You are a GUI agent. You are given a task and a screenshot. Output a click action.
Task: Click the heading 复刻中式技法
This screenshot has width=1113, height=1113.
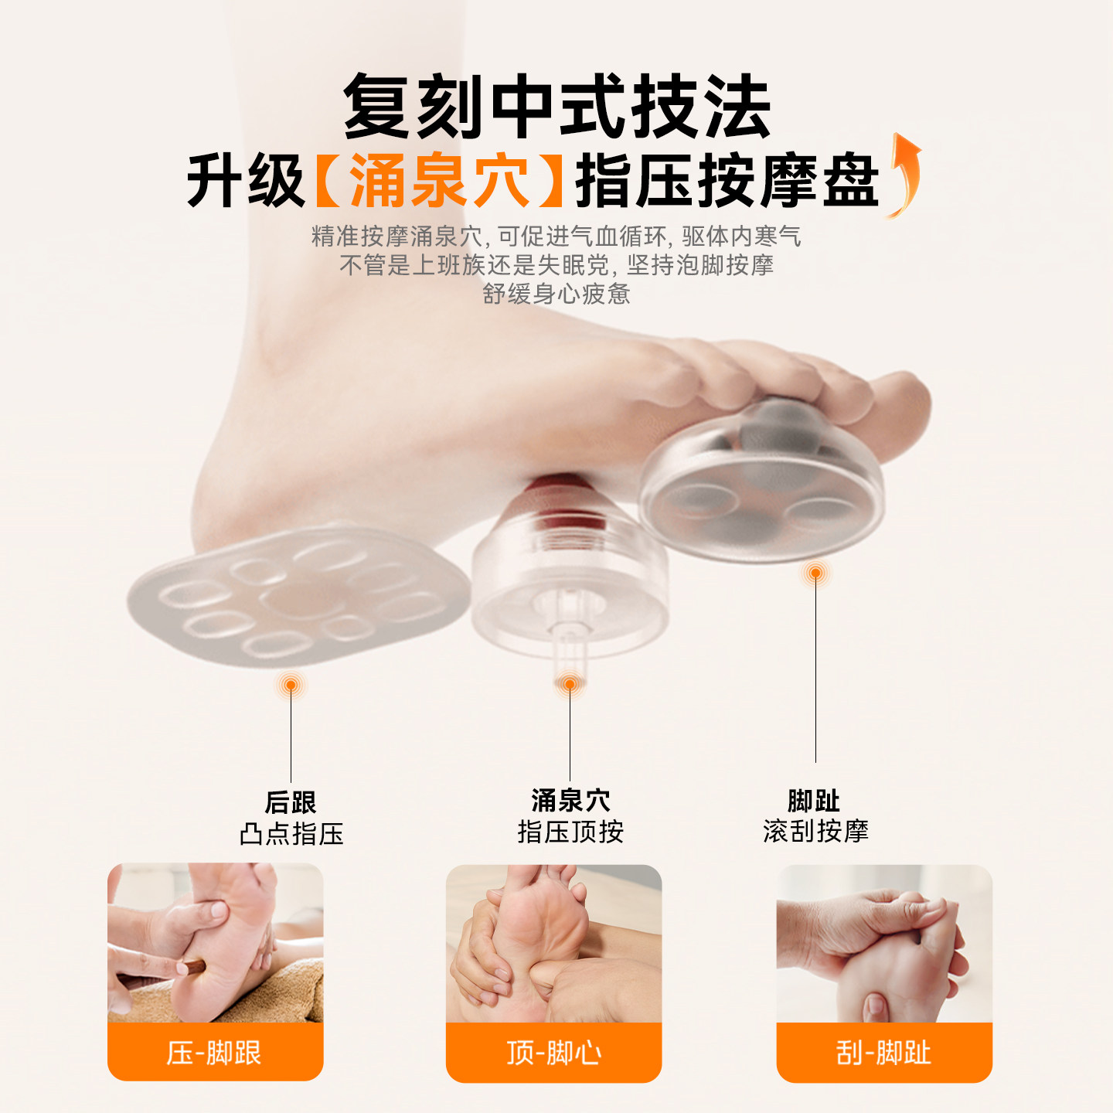tap(556, 107)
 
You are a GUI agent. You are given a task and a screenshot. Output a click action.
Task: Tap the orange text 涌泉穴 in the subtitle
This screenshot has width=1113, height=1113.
tap(439, 181)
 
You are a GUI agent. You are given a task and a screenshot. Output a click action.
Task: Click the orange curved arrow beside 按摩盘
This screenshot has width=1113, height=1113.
tap(904, 176)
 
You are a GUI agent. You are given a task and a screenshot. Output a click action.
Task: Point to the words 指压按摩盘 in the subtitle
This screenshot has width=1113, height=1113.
tap(727, 181)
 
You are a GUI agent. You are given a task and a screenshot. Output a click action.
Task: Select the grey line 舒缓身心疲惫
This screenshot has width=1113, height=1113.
tap(556, 294)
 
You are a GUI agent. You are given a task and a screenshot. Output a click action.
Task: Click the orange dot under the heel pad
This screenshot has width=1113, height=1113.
tap(291, 685)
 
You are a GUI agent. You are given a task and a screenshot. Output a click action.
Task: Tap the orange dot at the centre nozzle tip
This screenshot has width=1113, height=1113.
tap(570, 684)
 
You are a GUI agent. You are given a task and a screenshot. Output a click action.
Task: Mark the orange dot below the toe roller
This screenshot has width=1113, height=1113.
tap(815, 573)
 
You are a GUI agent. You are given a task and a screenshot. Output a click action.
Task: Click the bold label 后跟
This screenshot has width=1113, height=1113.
tap(291, 802)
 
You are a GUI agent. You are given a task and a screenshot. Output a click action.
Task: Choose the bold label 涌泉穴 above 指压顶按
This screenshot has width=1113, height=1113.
tap(570, 800)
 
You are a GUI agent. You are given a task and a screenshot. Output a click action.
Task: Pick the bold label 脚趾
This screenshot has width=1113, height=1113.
tap(814, 800)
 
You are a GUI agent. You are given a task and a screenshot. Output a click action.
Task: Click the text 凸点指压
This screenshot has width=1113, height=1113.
tap(291, 834)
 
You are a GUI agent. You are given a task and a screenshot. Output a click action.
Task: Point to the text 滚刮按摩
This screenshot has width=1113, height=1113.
tap(815, 832)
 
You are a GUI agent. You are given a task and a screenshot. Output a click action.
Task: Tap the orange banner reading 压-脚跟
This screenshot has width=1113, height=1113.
tap(215, 1052)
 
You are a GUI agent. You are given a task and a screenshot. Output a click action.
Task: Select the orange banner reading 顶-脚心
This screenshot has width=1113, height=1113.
tap(553, 1052)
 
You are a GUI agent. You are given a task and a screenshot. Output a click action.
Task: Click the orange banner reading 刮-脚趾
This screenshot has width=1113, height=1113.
tap(884, 1052)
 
